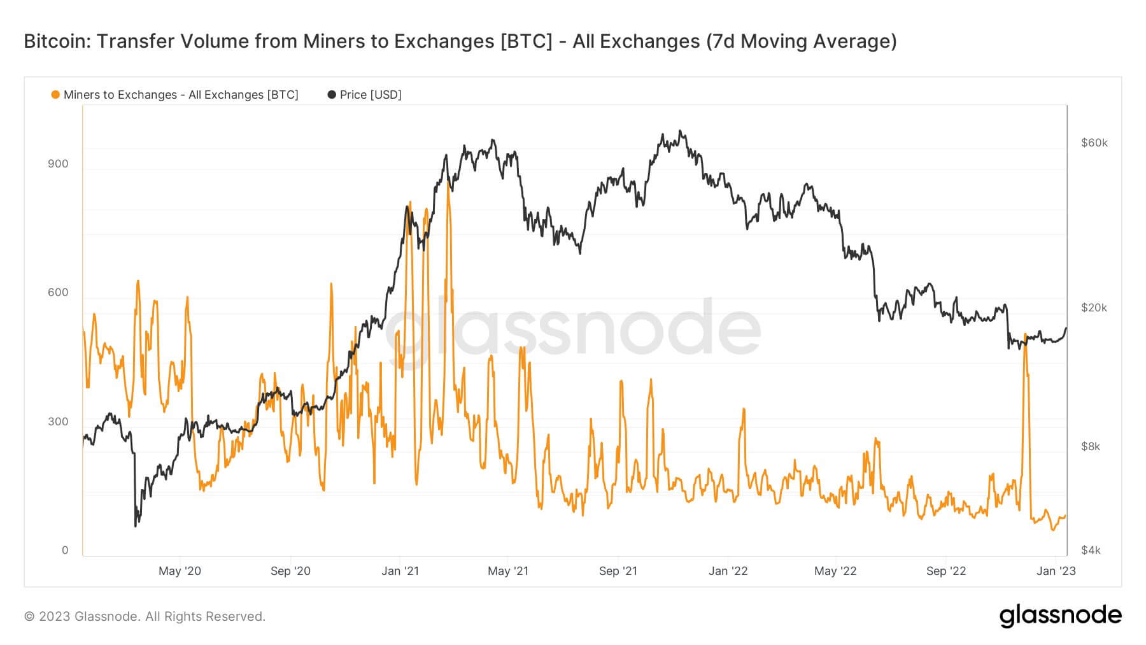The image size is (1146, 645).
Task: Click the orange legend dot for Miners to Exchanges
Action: click(55, 95)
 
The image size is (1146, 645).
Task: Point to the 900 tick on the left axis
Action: click(58, 164)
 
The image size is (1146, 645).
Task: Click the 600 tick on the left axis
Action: click(58, 292)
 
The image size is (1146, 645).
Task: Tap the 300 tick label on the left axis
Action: click(58, 422)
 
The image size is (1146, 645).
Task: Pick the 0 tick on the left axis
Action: click(65, 550)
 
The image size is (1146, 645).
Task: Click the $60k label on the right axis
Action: click(1094, 143)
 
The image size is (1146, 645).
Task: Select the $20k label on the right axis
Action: click(1094, 308)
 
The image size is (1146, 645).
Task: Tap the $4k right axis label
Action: click(1091, 550)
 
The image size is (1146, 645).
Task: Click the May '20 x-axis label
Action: click(180, 571)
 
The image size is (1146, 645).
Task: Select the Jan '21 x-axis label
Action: click(400, 571)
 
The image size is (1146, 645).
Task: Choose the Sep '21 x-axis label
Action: click(618, 571)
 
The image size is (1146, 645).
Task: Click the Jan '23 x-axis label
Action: click(1056, 571)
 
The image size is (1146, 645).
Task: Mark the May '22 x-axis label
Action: click(835, 571)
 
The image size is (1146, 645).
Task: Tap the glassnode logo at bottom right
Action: click(1060, 616)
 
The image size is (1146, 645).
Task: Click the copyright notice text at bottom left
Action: click(145, 616)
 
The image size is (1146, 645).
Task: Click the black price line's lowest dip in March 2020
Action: click(136, 526)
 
